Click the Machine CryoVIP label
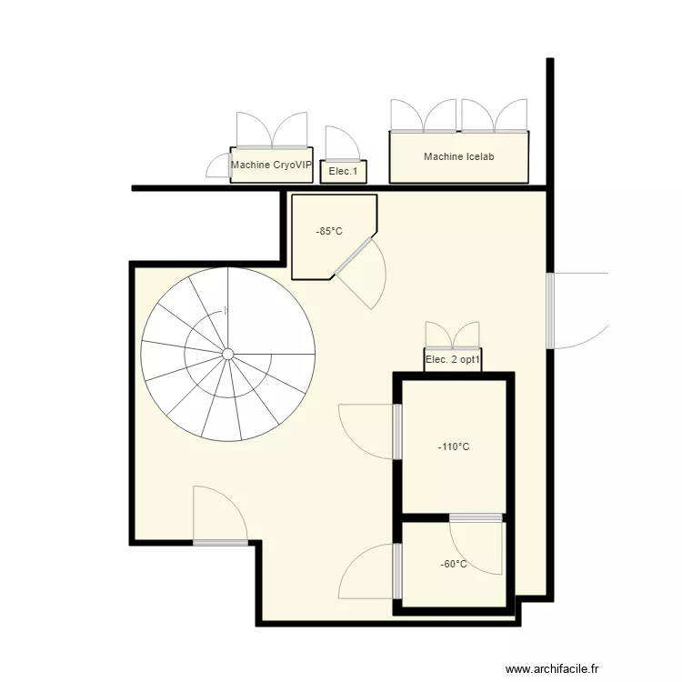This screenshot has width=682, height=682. click(271, 165)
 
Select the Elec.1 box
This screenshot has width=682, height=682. click(343, 171)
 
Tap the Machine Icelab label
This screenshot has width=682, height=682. click(458, 157)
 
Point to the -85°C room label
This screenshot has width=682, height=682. click(329, 231)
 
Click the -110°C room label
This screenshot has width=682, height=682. click(454, 446)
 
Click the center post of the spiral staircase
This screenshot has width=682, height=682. click(228, 353)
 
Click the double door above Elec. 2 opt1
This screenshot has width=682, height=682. click(452, 336)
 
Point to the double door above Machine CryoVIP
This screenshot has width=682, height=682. click(271, 131)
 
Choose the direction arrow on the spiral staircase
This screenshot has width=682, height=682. click(226, 311)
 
